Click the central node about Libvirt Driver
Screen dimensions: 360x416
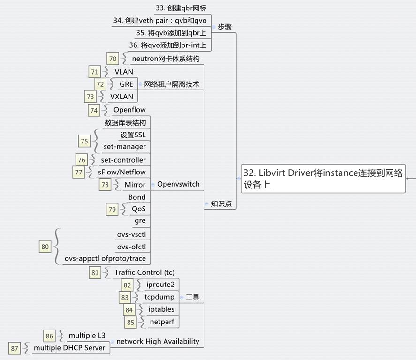click(x=323, y=178)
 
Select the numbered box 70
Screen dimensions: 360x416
click(x=113, y=59)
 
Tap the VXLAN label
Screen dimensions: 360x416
click(x=121, y=97)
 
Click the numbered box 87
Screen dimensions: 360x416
click(x=15, y=348)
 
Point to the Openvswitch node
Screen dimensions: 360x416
click(x=178, y=184)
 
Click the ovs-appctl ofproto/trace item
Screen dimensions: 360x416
click(x=105, y=258)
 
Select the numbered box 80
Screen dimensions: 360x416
click(x=45, y=247)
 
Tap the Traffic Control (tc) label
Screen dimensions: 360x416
click(x=144, y=272)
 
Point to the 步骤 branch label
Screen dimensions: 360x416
click(x=225, y=27)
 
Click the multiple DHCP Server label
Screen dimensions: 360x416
click(x=69, y=348)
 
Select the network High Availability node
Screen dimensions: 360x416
click(x=158, y=341)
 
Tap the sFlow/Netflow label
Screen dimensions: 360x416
click(x=122, y=172)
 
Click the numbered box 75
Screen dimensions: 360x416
click(x=84, y=141)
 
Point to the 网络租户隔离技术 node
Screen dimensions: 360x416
click(x=172, y=84)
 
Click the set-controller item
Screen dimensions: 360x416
click(x=123, y=160)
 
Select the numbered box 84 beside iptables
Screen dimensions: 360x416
click(x=129, y=310)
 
